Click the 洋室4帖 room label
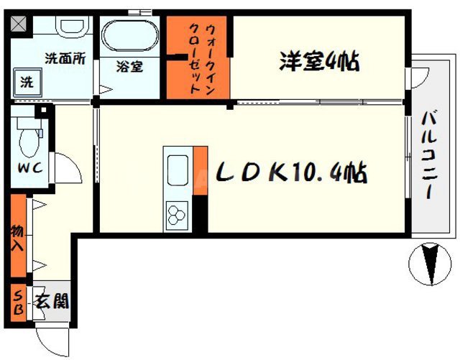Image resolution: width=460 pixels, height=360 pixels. pyautogui.click(x=319, y=61)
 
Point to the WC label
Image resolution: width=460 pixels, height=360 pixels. pyautogui.click(x=28, y=168)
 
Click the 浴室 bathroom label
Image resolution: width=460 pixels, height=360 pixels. pyautogui.click(x=129, y=67)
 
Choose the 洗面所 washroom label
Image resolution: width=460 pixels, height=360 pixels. pyautogui.click(x=65, y=59)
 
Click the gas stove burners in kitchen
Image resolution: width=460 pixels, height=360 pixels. pyautogui.click(x=177, y=213)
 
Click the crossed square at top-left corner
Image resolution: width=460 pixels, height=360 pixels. pyautogui.click(x=18, y=22)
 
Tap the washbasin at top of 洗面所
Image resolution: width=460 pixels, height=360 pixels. pyautogui.click(x=70, y=27)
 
